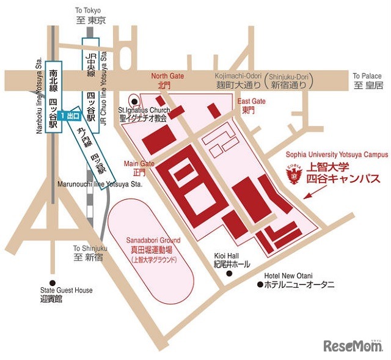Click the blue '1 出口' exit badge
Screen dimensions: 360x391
point(70,116)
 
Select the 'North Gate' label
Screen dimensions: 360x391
point(167,76)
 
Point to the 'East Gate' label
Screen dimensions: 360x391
point(252,101)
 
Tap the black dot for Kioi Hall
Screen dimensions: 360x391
point(228,273)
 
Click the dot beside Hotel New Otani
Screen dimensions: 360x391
point(260,285)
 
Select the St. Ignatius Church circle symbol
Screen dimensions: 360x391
point(134,102)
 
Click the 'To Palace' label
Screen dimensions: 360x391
point(367,76)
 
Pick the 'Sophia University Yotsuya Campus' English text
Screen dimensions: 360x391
point(337,155)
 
